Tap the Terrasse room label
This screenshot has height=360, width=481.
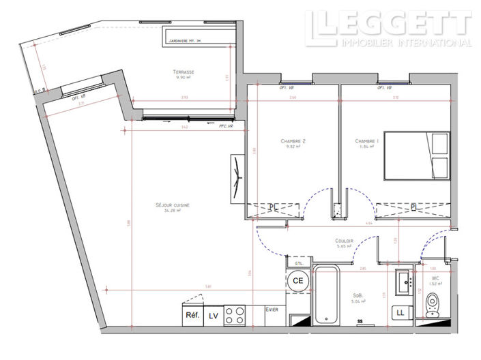point(183,73)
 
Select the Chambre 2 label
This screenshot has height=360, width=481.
point(293,142)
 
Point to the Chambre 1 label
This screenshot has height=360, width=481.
point(366,142)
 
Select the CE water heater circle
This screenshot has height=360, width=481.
point(297,280)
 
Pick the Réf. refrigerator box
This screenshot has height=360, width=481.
point(192,316)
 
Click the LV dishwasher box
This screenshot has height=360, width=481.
point(214,316)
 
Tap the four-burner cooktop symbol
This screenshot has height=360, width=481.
point(235,316)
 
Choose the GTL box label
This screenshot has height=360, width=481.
point(298,262)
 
